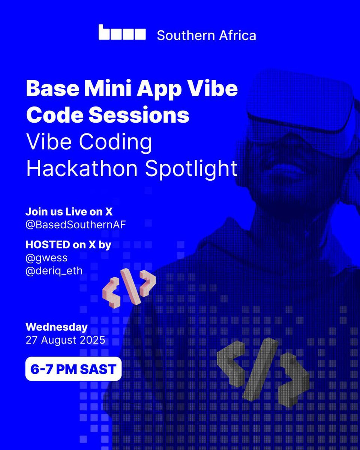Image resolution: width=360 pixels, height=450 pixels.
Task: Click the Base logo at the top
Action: click(122, 33)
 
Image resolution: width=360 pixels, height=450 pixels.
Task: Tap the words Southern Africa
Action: click(206, 35)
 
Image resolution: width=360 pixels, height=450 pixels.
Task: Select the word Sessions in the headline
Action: click(141, 115)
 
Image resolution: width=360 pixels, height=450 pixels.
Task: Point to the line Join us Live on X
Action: click(69, 211)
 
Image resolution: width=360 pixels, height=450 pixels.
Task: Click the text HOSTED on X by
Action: click(68, 244)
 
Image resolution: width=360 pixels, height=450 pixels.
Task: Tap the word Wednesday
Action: click(56, 327)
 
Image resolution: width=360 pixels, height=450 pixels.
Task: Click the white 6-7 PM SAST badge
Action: click(73, 369)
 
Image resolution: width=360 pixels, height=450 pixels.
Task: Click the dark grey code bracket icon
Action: click(262, 369)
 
